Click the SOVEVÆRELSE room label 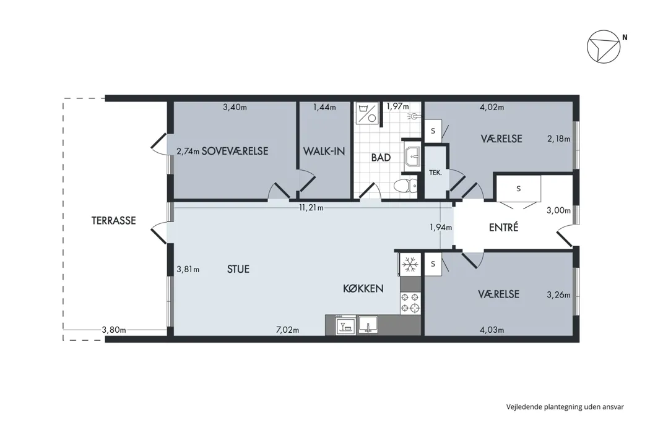pos(235,151)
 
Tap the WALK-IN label pos(324,151)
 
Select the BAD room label pos(381,158)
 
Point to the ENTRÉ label pos(503,227)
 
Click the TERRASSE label pos(113,220)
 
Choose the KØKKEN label pos(363,288)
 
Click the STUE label pos(238,269)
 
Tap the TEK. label pos(435,173)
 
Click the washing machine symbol pos(367,113)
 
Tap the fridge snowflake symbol pos(410,264)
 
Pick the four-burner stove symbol pos(410,302)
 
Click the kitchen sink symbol pos(368,324)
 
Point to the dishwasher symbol pos(345,325)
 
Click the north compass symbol pos(604,46)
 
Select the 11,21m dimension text pos(311,208)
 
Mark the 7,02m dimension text pos(287,330)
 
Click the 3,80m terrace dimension pos(114,330)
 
